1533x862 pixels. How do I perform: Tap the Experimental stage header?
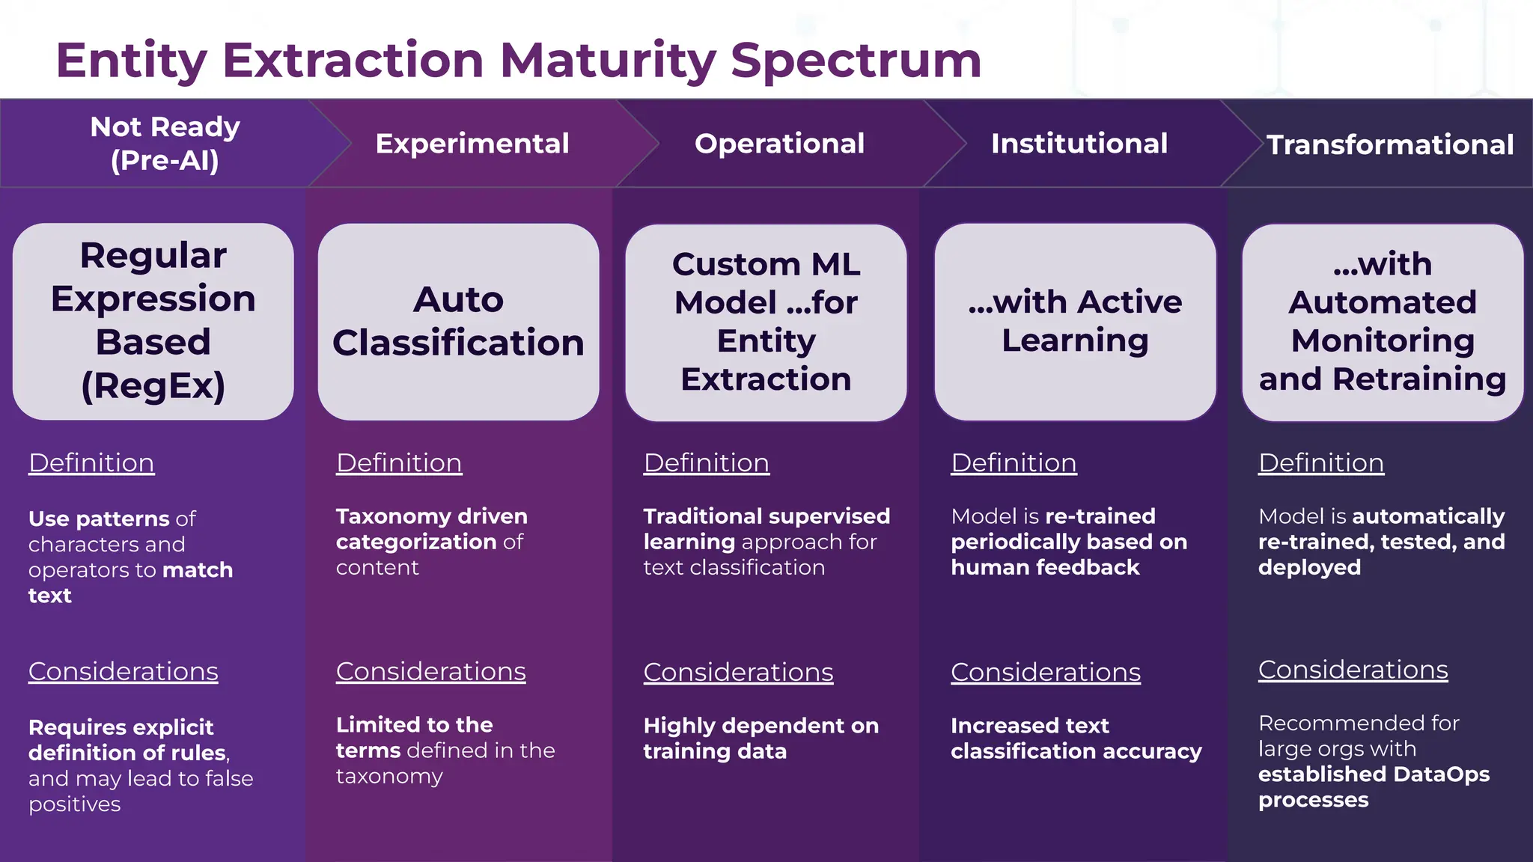[x=472, y=143]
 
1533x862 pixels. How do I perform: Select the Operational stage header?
[x=779, y=143]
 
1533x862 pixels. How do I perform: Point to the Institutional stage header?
[x=1079, y=143]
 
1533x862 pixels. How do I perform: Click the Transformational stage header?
[x=1389, y=144]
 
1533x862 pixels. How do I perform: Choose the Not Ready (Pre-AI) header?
[x=165, y=143]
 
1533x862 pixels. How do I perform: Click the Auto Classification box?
[x=458, y=321]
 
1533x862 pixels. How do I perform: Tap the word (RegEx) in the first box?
[x=153, y=385]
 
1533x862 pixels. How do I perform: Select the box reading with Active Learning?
[x=1075, y=321]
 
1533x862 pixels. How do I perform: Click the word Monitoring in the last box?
[x=1383, y=340]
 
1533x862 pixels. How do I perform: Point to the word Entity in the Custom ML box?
[x=766, y=340]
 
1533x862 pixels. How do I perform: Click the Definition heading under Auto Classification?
[x=398, y=462]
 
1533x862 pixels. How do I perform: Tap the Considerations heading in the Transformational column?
[x=1353, y=670]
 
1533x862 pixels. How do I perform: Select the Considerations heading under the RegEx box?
[x=123, y=671]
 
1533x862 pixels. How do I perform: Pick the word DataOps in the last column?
[x=1441, y=774]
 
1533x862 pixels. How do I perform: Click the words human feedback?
[x=1045, y=567]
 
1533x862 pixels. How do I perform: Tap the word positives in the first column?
[x=74, y=804]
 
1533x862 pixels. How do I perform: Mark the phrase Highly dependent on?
[x=761, y=726]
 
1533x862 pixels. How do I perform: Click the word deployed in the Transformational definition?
[x=1309, y=567]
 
